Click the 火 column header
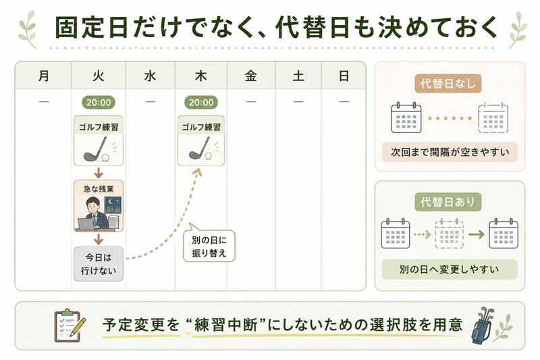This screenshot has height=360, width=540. pyautogui.click(x=99, y=76)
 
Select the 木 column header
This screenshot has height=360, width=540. pyautogui.click(x=200, y=76)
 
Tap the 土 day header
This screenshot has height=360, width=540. pyautogui.click(x=298, y=76)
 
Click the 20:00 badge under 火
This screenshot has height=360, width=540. pyautogui.click(x=99, y=102)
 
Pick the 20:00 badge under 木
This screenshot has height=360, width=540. pyautogui.click(x=201, y=102)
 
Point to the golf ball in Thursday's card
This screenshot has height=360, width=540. pyautogui.click(x=209, y=156)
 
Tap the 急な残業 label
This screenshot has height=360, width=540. pyautogui.click(x=99, y=189)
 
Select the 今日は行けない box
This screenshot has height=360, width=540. pyautogui.click(x=99, y=264)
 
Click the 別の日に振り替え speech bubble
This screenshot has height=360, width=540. pyautogui.click(x=209, y=245)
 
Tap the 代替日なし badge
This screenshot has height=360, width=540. pyautogui.click(x=448, y=83)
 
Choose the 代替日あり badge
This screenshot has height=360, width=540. pyautogui.click(x=448, y=202)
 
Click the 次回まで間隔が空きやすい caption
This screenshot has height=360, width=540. pyautogui.click(x=450, y=152)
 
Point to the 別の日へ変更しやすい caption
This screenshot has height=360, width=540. pyautogui.click(x=450, y=269)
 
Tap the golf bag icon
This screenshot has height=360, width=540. pyautogui.click(x=482, y=325)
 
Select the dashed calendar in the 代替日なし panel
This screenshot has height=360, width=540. pyautogui.click(x=493, y=118)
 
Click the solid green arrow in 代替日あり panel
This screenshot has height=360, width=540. pyautogui.click(x=477, y=234)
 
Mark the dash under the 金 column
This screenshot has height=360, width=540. pyautogui.click(x=251, y=101)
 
